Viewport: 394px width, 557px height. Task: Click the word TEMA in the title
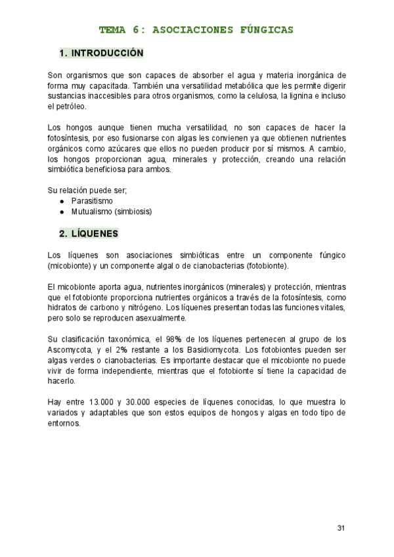[x=112, y=30]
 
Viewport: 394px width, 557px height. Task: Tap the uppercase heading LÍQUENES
[x=95, y=233]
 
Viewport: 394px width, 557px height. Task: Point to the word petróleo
[x=61, y=106]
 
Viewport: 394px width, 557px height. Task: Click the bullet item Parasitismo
[x=92, y=201]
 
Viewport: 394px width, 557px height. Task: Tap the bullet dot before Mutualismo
[x=62, y=212]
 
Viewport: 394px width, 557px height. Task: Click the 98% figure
[x=173, y=339]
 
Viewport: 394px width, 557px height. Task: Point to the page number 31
[x=340, y=527]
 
